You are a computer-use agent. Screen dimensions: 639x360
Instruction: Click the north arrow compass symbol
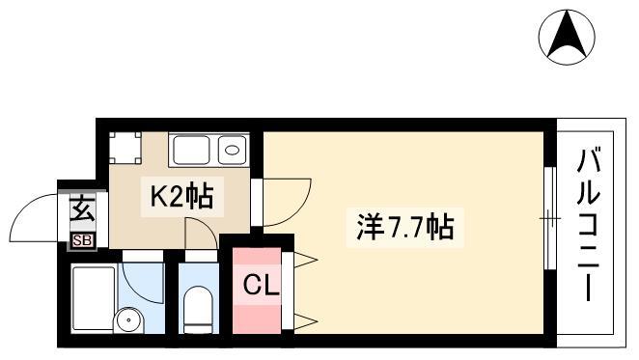click(x=567, y=37)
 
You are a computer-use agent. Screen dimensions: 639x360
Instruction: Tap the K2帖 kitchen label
click(x=182, y=196)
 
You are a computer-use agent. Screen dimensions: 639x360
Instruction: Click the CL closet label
click(x=261, y=285)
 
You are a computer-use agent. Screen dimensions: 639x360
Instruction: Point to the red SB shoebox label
click(x=83, y=241)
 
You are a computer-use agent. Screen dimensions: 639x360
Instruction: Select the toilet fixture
click(x=198, y=310)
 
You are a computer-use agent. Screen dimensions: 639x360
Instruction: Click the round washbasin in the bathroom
click(x=128, y=320)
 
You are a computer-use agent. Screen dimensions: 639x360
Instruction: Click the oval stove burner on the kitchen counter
click(x=233, y=150)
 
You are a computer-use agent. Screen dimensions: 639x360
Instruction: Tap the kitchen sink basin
click(x=191, y=150)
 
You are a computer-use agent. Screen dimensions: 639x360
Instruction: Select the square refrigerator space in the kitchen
click(x=125, y=148)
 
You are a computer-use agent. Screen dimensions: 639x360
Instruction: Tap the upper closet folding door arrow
click(x=305, y=260)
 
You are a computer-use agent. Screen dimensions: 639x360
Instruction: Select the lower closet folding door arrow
click(x=305, y=321)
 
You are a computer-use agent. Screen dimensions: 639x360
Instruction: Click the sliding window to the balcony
click(x=550, y=218)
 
